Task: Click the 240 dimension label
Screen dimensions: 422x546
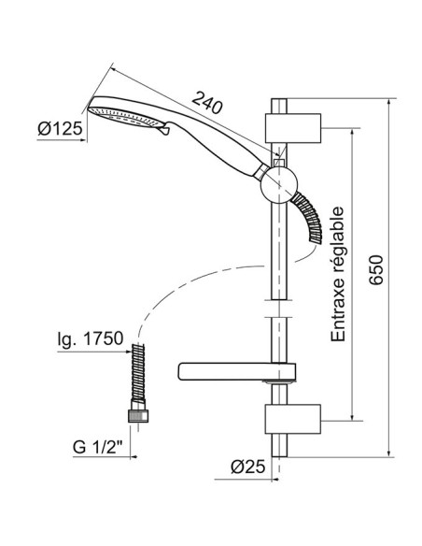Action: tap(207, 103)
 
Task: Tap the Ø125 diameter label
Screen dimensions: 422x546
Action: tap(60, 129)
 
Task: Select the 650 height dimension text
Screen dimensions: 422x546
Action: tap(375, 270)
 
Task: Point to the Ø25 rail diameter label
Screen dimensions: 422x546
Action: tap(247, 467)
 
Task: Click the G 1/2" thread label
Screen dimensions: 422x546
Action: tap(97, 447)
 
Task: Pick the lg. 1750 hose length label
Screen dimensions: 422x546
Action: tap(91, 338)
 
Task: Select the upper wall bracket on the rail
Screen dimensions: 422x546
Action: tap(293, 128)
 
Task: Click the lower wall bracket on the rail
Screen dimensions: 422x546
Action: tap(293, 419)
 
